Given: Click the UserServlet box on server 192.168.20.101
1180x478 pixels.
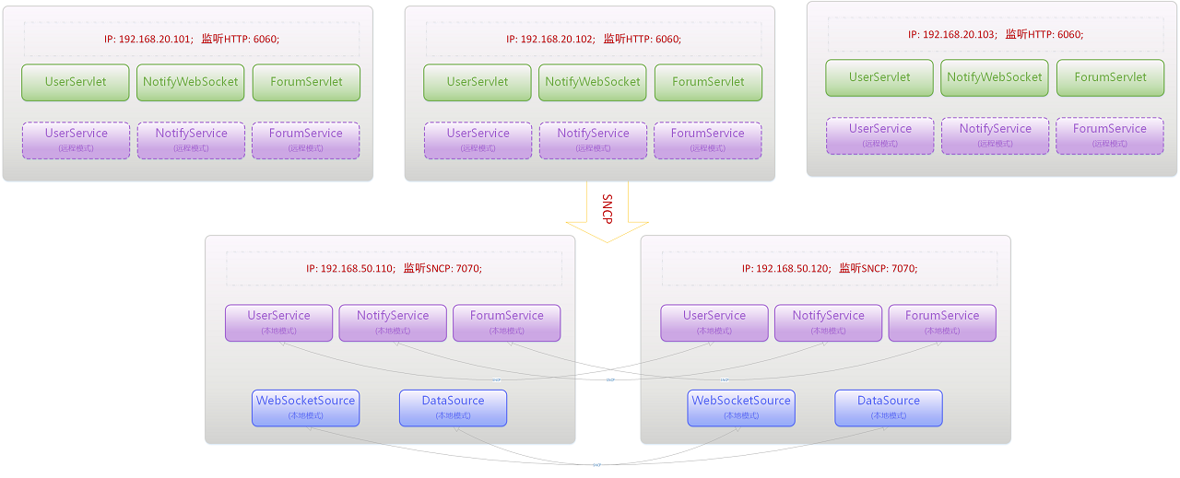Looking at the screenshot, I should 76,82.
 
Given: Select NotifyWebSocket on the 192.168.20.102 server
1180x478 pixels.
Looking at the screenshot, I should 592,82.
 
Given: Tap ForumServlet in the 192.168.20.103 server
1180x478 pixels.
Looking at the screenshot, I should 1110,77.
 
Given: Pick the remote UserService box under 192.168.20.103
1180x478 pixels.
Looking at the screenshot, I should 879,135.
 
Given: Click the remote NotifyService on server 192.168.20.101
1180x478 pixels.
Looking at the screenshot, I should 191,140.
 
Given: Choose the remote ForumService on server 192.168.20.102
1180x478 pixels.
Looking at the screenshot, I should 707,140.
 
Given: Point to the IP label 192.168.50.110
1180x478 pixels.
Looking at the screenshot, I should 394,269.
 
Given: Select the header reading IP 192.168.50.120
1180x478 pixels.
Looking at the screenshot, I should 829,269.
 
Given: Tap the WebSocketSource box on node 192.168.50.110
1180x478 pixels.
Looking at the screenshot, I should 305,408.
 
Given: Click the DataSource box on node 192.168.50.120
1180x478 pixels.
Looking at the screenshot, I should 889,408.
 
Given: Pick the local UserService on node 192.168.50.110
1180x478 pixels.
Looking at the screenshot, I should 278,322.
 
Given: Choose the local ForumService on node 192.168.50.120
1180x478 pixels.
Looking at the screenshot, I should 941,322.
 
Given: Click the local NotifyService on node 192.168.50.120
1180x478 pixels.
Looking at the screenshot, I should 828,322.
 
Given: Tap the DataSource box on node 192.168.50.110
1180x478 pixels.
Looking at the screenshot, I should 453,408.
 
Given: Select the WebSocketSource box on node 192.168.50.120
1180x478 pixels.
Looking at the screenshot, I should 741,408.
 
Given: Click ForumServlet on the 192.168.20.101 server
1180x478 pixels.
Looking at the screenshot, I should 306,82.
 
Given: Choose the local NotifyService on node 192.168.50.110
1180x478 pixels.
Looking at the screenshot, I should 393,322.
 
